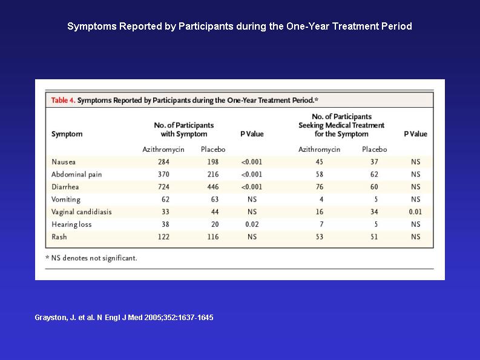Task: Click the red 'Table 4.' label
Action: (63, 100)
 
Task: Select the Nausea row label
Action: (64, 162)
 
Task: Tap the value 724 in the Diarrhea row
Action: (163, 187)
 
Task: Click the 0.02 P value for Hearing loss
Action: (252, 224)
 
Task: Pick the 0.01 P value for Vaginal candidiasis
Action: (415, 212)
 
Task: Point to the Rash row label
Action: (59, 237)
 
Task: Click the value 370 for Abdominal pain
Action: (163, 174)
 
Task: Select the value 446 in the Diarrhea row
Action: (212, 187)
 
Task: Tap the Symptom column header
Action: (67, 134)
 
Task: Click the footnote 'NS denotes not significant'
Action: (91, 258)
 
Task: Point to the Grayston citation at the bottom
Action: (124, 318)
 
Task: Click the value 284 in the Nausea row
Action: (163, 162)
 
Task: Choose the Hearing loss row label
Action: (71, 224)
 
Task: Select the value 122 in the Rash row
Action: (163, 237)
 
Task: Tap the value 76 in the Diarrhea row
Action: (319, 187)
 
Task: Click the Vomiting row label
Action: (66, 200)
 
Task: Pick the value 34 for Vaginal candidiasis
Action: (374, 212)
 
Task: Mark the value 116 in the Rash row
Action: (212, 237)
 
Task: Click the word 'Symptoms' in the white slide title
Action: (91, 27)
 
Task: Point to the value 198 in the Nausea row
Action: (212, 162)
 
